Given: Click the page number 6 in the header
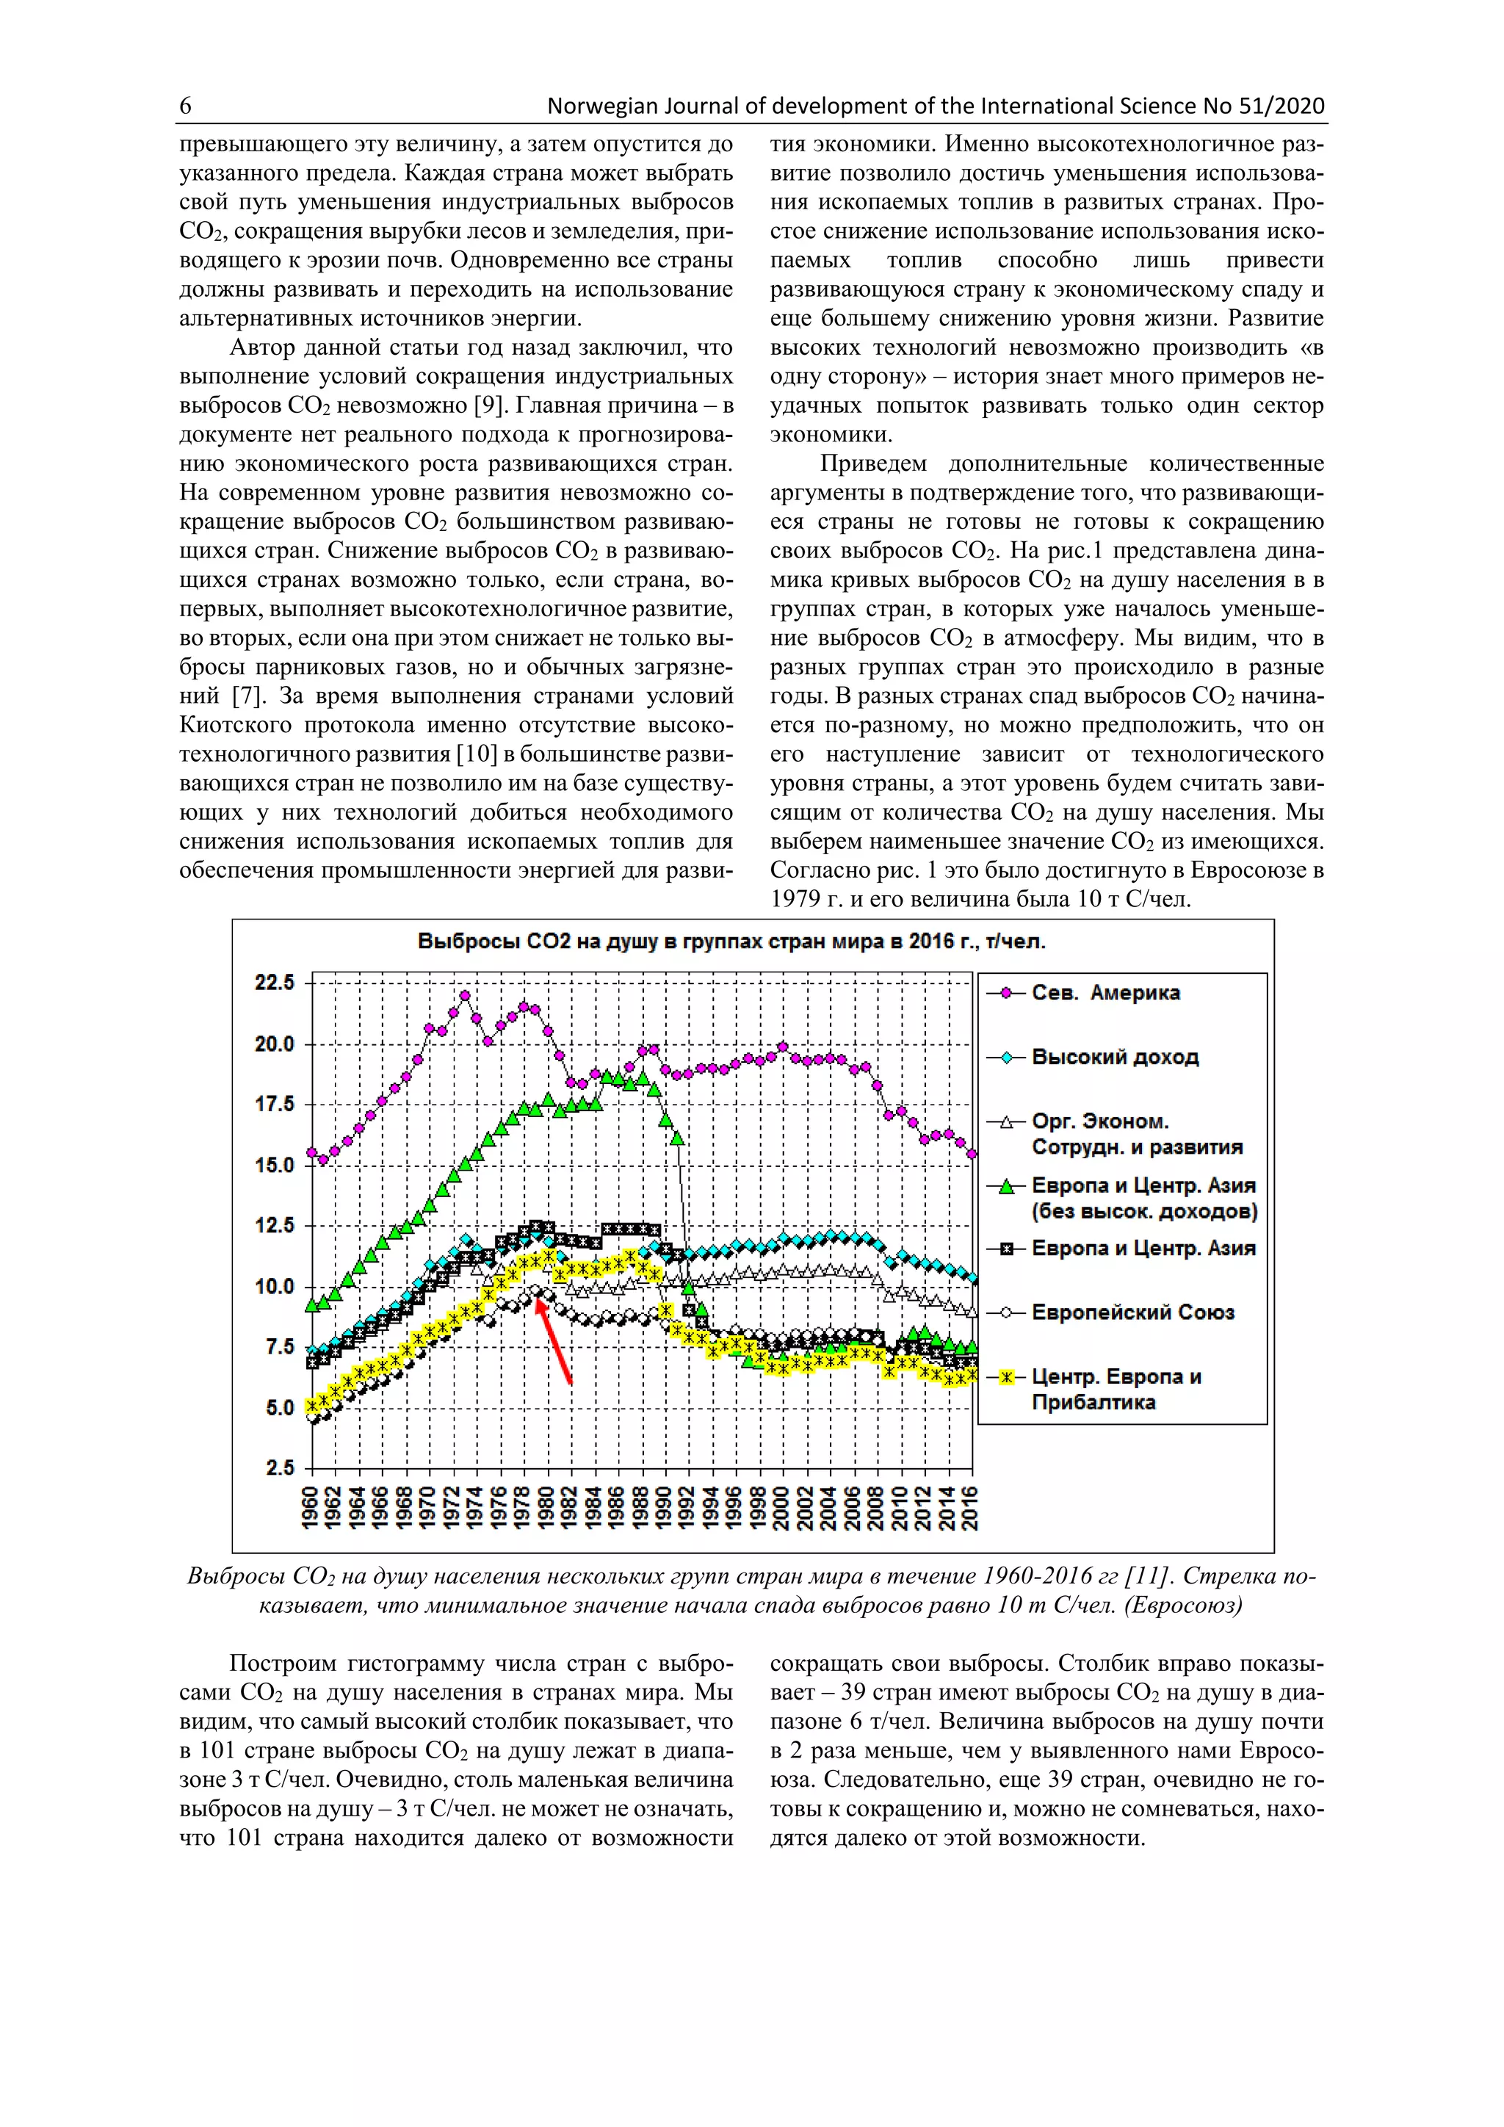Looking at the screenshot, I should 185,106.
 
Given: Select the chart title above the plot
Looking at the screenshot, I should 731,942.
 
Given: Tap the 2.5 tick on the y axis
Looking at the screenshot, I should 278,1468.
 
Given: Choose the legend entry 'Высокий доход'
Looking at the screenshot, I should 1114,1057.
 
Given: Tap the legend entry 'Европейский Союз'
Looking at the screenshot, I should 1132,1312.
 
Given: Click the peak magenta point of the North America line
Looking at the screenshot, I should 465,997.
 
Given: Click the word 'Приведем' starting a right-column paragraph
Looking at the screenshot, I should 872,464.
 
